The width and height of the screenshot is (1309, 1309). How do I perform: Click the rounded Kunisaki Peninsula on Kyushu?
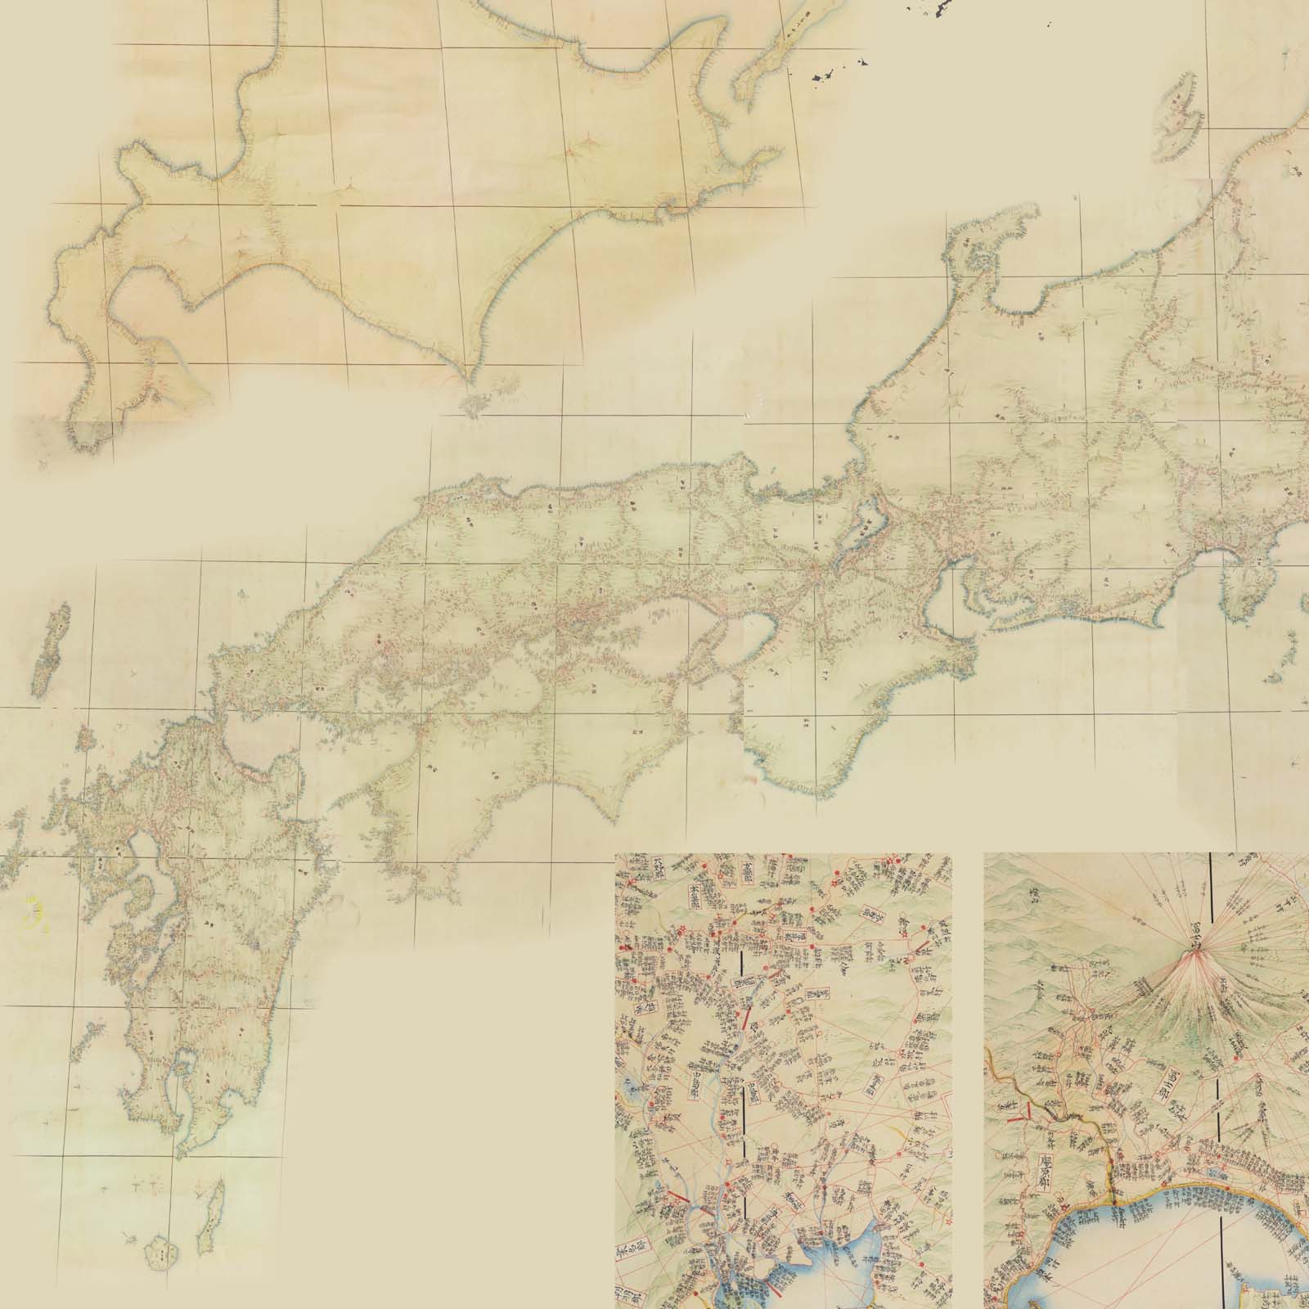282,765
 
